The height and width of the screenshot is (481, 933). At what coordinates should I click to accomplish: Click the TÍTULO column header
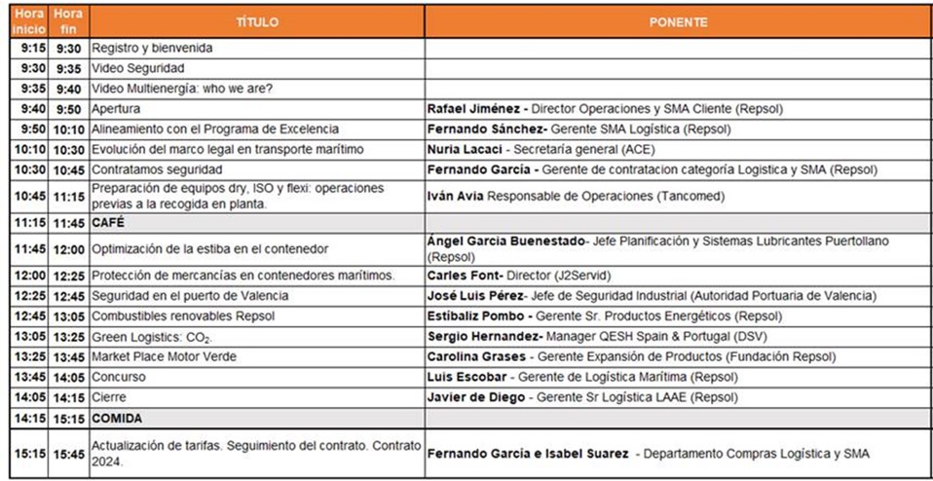coord(257,21)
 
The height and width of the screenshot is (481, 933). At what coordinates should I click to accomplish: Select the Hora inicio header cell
coord(28,21)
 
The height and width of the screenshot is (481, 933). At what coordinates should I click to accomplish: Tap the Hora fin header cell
coord(68,21)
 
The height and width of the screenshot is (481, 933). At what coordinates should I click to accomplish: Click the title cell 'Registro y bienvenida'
coord(152,48)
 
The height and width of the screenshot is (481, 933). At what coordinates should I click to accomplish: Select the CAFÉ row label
coord(108,223)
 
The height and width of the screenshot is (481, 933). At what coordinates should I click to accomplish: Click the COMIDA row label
coord(117,418)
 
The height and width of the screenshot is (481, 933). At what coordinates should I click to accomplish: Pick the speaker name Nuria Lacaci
coord(463,150)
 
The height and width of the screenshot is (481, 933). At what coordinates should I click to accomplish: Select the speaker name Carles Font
coord(458,276)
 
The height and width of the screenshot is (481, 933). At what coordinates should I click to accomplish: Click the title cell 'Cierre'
coord(110,397)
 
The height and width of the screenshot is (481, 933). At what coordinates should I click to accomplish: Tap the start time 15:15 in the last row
coord(28,453)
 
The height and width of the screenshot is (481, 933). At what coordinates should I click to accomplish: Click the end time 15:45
coord(68,453)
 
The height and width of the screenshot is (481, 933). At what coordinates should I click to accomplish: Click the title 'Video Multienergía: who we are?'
coord(182,89)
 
